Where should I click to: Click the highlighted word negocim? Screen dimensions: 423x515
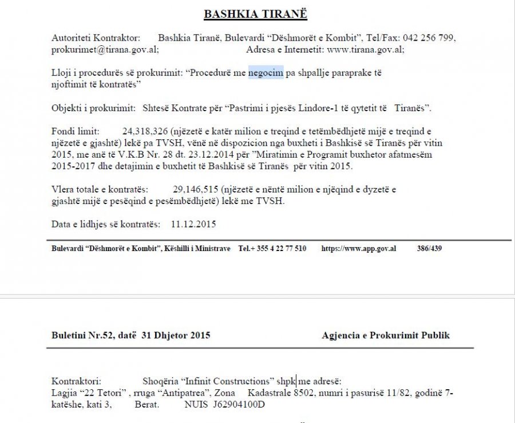click(x=266, y=73)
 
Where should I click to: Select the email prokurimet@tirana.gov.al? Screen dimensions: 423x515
click(x=105, y=49)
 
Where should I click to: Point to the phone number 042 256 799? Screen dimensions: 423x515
click(x=429, y=38)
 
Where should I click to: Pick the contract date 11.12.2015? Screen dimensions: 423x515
click(x=193, y=224)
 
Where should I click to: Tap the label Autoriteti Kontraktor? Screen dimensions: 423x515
click(x=96, y=38)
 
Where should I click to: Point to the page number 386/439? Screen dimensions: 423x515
click(x=429, y=249)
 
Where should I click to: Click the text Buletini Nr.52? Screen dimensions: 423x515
click(x=83, y=335)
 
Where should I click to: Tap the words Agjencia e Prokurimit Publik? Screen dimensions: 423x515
click(x=386, y=335)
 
